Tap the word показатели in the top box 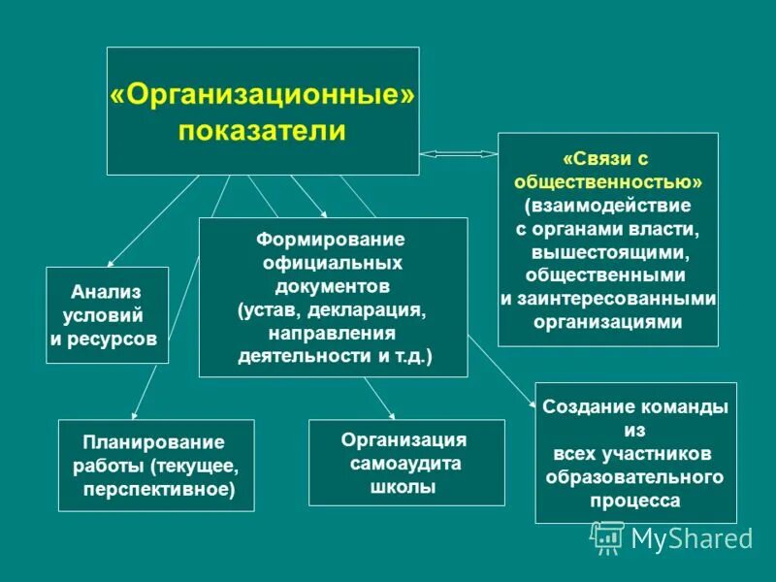click(262, 130)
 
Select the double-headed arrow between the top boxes click(458, 153)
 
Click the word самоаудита click(405, 463)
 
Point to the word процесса click(635, 501)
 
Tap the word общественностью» click(608, 181)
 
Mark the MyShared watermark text click(691, 538)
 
